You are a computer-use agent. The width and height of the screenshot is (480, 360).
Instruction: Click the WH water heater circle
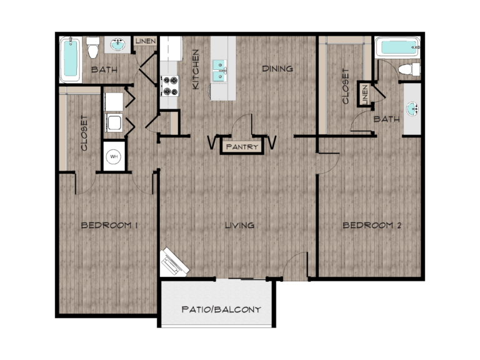point(114,157)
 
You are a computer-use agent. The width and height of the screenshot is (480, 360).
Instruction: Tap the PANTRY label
point(242,147)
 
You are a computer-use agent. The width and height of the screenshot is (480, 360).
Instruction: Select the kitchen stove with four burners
point(170,86)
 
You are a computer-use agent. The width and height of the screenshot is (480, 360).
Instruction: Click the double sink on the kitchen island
point(219,71)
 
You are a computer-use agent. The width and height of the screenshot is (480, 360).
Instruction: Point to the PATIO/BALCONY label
point(221,309)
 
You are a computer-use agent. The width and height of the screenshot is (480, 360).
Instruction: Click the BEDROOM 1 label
point(109,226)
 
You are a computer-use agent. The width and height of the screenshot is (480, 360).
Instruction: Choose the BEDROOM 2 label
point(372,226)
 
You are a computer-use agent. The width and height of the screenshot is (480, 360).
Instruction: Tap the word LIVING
point(240,226)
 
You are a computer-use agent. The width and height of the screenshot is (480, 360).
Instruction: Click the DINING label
point(277,69)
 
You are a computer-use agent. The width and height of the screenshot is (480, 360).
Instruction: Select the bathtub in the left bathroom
point(71,59)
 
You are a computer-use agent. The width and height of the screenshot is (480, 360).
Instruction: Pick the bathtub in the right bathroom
point(397,47)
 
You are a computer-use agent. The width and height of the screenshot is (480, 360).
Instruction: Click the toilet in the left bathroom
point(92,47)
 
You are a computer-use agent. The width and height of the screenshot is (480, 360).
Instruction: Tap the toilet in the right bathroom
point(409,69)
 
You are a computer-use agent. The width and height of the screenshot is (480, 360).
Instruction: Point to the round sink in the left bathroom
point(117,45)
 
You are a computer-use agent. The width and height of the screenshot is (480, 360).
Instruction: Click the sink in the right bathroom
point(412,109)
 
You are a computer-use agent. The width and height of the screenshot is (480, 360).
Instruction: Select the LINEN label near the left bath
point(146,41)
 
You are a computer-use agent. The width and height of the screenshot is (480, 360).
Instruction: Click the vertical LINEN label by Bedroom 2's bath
point(364,94)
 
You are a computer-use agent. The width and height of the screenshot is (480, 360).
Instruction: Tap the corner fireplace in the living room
point(174,262)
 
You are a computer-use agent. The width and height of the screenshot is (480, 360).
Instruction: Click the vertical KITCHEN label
point(195,69)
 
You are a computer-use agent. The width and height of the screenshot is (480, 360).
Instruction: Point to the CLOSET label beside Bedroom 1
point(84,133)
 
